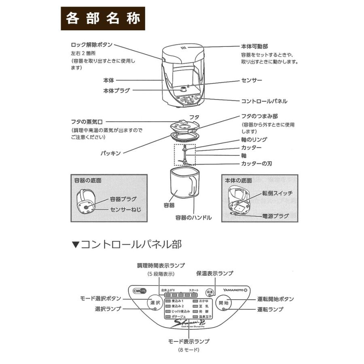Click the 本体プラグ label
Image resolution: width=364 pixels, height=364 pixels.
(116, 91)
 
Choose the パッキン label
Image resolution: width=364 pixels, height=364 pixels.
(111, 153)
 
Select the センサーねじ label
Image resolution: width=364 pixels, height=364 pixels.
(124, 210)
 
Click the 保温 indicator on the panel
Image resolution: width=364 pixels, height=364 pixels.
(210, 292)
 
